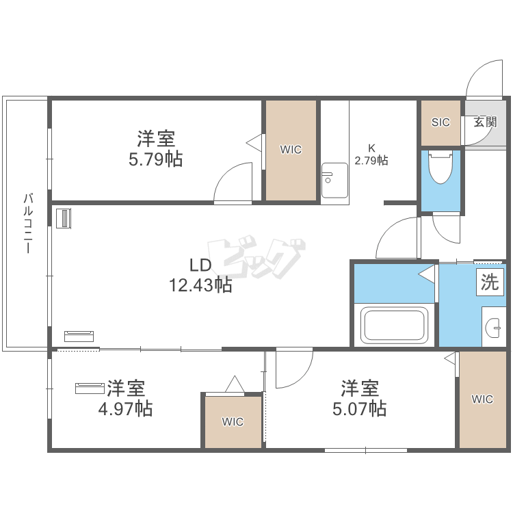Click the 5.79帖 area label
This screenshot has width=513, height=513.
(x=155, y=159)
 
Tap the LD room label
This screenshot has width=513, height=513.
(x=200, y=265)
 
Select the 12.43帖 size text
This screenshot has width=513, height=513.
(x=200, y=285)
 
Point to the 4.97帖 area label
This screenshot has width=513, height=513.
(x=126, y=408)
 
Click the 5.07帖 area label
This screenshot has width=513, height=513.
(x=360, y=408)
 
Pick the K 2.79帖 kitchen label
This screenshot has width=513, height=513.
(x=371, y=155)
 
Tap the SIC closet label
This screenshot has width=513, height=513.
(x=440, y=122)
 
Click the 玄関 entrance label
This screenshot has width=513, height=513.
(x=486, y=122)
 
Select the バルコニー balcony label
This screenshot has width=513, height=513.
(x=29, y=224)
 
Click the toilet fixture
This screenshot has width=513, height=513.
(x=440, y=167)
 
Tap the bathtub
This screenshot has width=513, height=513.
(x=394, y=325)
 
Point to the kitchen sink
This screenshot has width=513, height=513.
(x=334, y=181)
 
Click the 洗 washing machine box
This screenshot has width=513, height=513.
(x=490, y=282)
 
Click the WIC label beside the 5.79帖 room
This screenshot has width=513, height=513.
(x=291, y=150)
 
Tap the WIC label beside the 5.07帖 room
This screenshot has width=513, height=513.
(x=482, y=399)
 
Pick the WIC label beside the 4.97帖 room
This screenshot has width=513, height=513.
(x=233, y=422)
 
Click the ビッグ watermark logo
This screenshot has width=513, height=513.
(x=256, y=256)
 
